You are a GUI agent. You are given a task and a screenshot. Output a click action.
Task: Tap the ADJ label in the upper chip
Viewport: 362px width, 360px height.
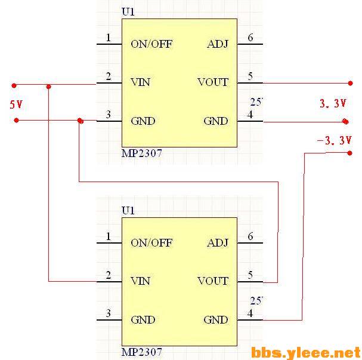tap(217, 44)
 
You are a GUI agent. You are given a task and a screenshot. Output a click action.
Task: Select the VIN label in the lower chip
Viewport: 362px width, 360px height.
tap(140, 281)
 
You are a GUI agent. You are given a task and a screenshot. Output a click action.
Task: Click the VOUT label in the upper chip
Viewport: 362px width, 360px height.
tap(213, 82)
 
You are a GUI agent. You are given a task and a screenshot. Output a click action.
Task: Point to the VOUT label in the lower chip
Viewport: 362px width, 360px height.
tap(213, 281)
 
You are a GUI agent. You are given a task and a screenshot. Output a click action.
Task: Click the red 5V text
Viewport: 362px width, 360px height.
tap(16, 104)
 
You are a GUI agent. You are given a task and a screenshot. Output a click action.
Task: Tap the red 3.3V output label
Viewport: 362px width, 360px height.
tap(333, 103)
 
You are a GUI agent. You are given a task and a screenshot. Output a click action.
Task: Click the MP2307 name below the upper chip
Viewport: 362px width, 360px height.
tap(141, 153)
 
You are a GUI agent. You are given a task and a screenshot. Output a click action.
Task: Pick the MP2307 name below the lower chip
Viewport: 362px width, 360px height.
tap(141, 352)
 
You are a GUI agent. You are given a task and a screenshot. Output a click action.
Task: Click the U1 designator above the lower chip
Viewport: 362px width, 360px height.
tap(128, 211)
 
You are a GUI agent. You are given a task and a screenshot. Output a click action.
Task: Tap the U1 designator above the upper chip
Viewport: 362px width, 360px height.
tap(128, 11)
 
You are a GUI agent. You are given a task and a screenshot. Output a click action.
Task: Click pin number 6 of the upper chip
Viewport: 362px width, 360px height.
tap(250, 38)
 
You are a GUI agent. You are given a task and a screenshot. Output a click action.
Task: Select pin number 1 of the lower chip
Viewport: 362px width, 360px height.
tap(109, 237)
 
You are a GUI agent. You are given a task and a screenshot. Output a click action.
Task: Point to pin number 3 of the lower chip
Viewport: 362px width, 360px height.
tap(109, 313)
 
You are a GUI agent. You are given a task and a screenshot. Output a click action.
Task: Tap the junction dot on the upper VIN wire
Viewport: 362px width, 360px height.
tap(49, 87)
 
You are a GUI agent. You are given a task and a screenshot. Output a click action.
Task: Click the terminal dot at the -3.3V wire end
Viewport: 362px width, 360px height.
tap(349, 153)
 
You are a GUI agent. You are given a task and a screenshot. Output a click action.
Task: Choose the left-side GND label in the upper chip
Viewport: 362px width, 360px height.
tap(143, 121)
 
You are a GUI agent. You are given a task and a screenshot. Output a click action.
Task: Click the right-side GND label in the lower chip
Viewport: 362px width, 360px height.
tap(216, 320)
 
